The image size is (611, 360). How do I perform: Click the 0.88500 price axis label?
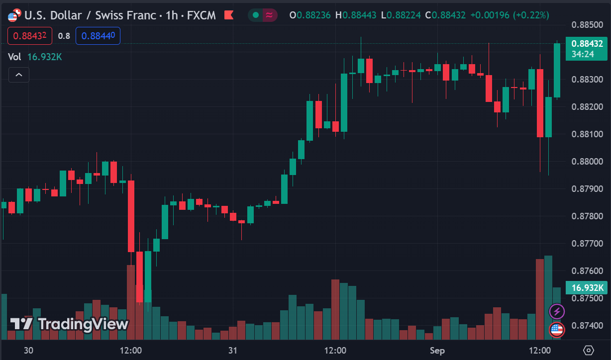click(587, 24)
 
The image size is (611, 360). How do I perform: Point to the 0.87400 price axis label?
click(587, 326)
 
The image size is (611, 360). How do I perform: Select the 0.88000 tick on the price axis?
click(587, 162)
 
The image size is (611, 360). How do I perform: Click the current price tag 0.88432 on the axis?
click(587, 44)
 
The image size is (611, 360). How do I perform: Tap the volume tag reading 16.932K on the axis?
click(587, 287)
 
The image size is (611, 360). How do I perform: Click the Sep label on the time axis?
click(437, 351)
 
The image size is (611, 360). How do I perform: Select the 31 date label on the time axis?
click(232, 351)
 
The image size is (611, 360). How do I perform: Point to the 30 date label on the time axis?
click(28, 351)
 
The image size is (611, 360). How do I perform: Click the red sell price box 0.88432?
click(30, 36)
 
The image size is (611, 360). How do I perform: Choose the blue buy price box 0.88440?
click(98, 36)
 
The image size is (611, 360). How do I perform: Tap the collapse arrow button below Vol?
click(18, 75)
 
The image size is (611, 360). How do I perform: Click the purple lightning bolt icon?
click(557, 312)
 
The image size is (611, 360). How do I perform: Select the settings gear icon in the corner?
click(589, 350)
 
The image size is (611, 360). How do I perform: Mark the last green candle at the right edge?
click(557, 70)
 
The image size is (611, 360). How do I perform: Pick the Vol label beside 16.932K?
click(14, 57)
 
